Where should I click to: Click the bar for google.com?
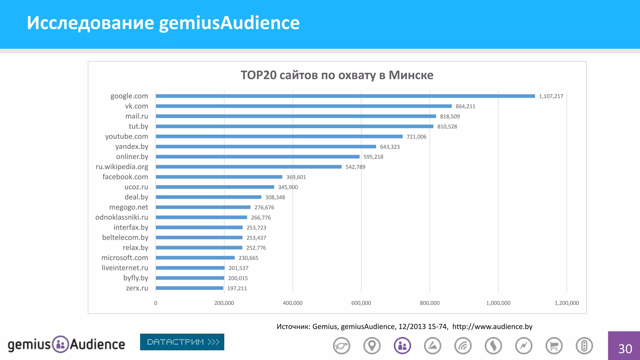point(345,96)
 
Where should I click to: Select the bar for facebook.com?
point(219,177)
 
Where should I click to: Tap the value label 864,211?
point(465,106)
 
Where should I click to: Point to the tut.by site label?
point(138,126)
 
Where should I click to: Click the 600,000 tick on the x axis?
point(361,303)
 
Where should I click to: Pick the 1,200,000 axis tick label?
point(566,303)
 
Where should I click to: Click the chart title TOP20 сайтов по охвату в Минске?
point(337,75)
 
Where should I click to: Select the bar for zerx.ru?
point(189,288)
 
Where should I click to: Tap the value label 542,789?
point(355,167)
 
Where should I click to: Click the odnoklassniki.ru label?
point(122,217)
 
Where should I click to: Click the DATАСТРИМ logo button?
point(182,342)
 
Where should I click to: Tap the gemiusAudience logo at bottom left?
point(66,344)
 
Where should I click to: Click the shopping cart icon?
point(554,346)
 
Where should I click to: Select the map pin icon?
point(372,346)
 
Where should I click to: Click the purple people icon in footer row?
point(402,346)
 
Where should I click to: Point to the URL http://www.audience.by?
point(492,327)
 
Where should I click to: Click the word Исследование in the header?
point(90,23)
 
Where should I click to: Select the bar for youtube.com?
point(279,137)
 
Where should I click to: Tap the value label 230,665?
point(248,258)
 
